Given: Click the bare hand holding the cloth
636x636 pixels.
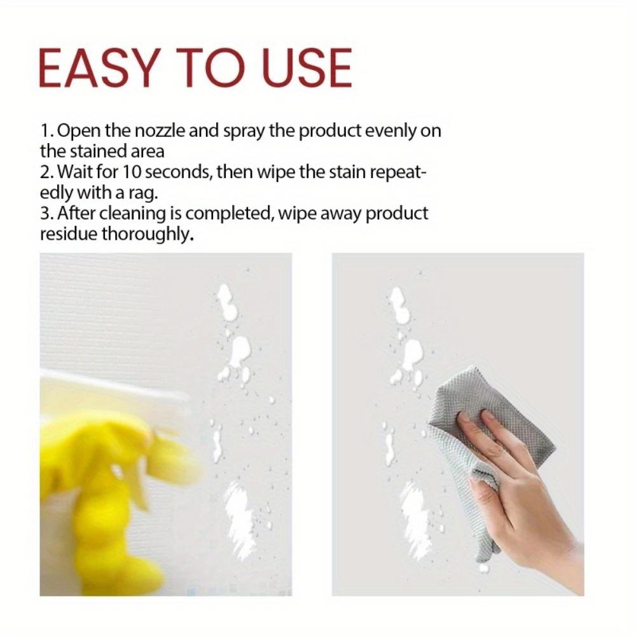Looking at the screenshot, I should pos(528,490).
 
